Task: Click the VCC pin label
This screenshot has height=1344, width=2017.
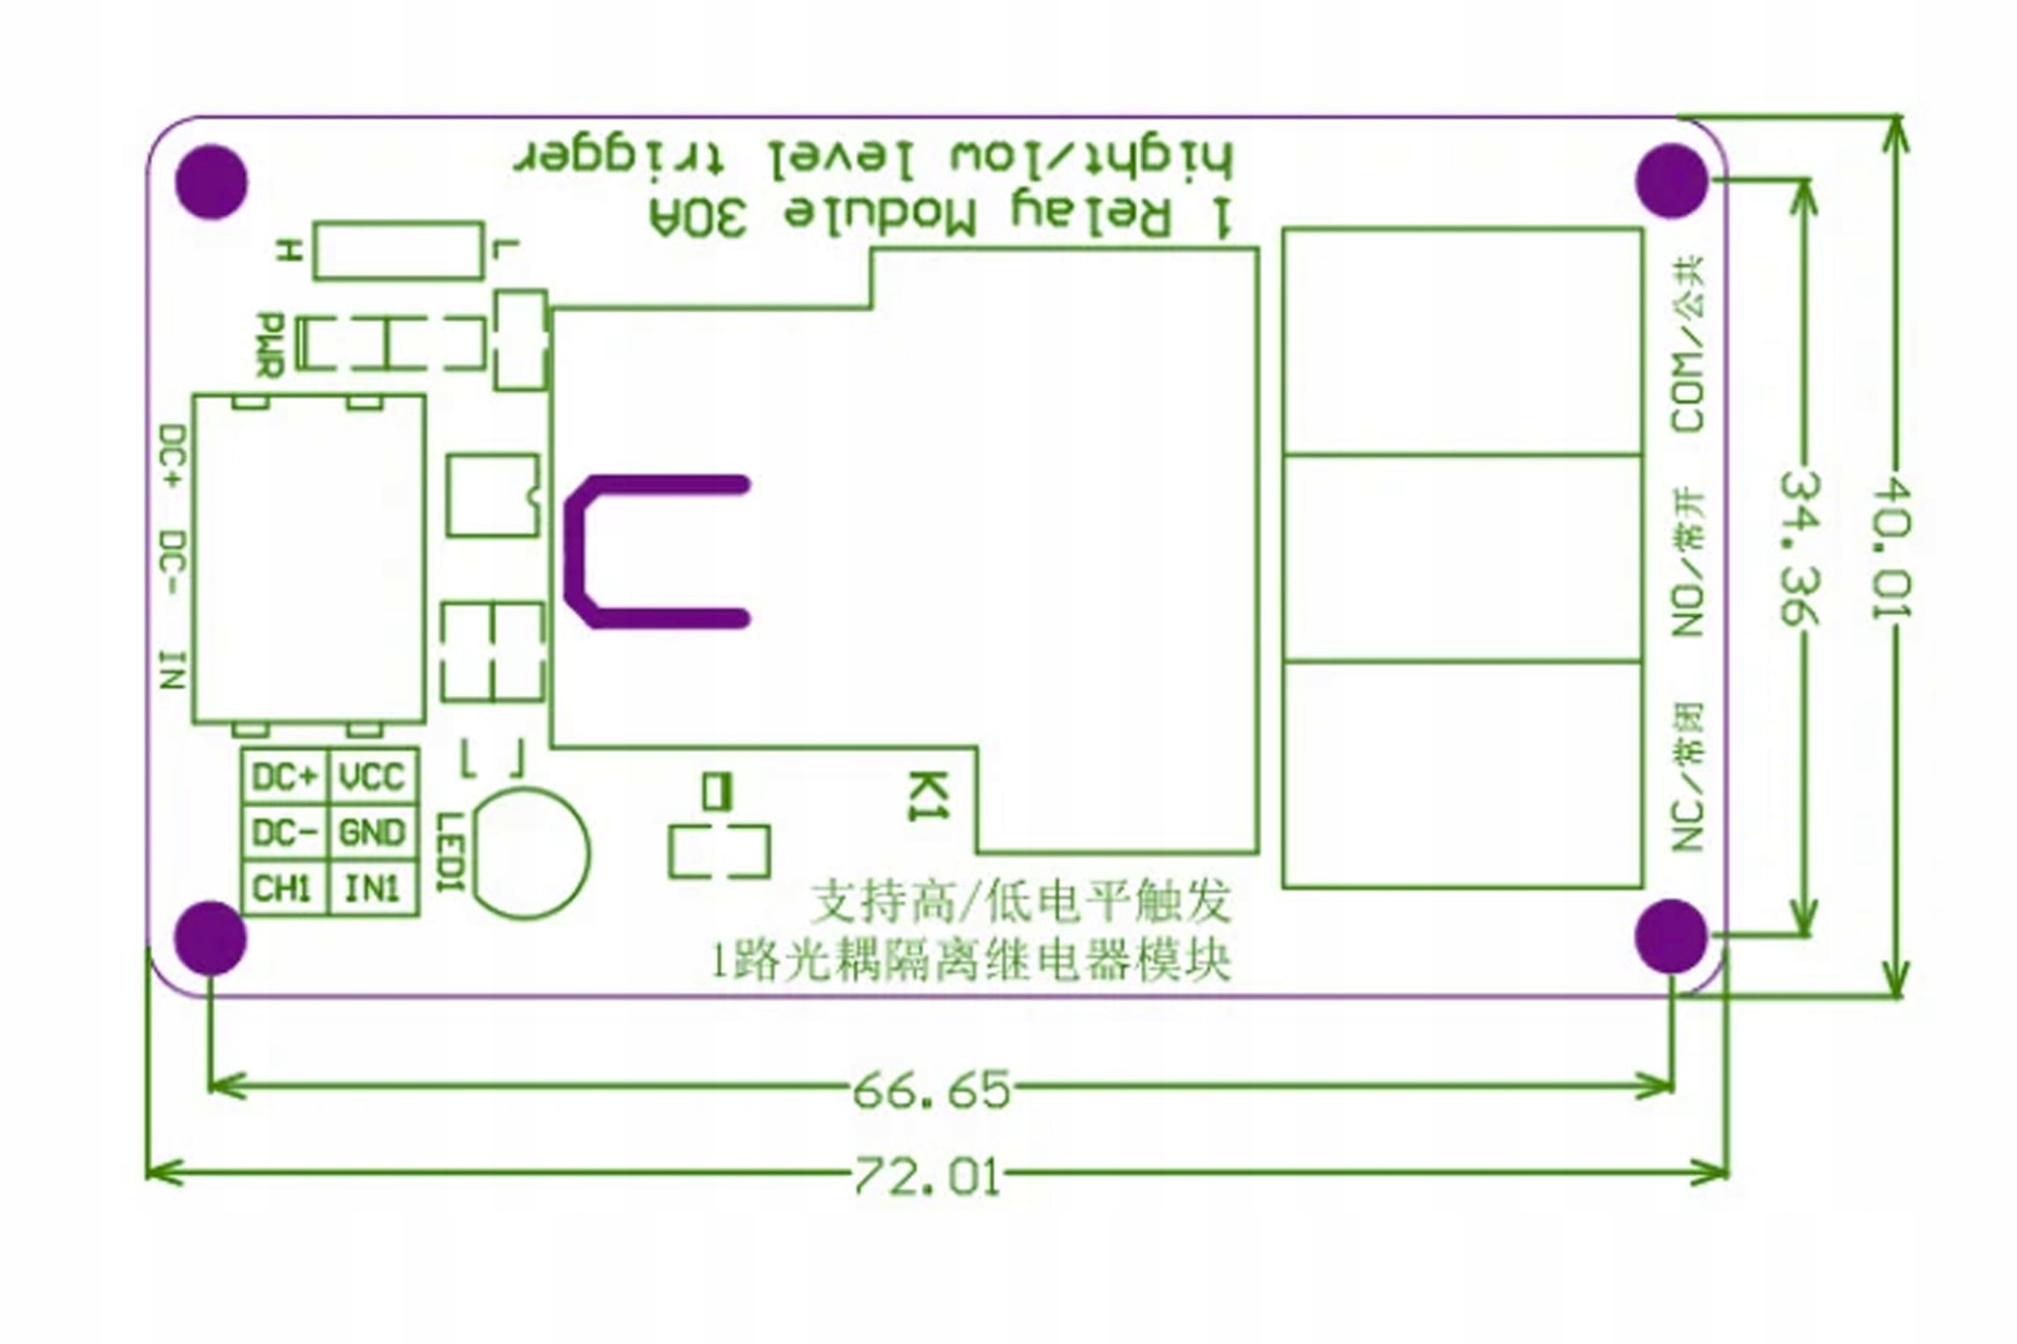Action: [372, 778]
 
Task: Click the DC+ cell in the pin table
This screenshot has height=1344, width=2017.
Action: [284, 778]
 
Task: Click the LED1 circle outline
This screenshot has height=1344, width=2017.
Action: [532, 854]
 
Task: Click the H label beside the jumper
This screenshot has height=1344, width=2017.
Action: [290, 251]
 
